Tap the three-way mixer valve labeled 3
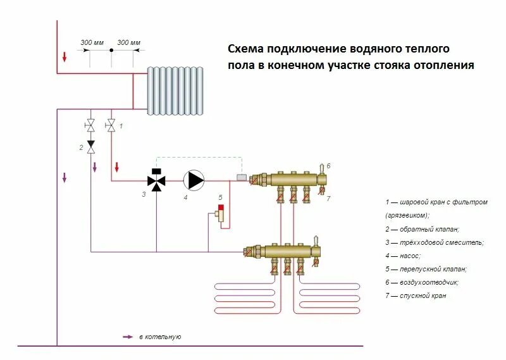[x=156, y=180]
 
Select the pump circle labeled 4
[x=194, y=180]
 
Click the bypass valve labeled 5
[x=221, y=214]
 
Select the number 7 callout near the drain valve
[x=329, y=199]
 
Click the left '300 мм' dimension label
[x=92, y=42]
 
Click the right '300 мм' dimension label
[x=130, y=42]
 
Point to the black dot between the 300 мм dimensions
[x=111, y=50]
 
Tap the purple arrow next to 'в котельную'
[x=128, y=337]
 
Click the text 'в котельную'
[x=160, y=337]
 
